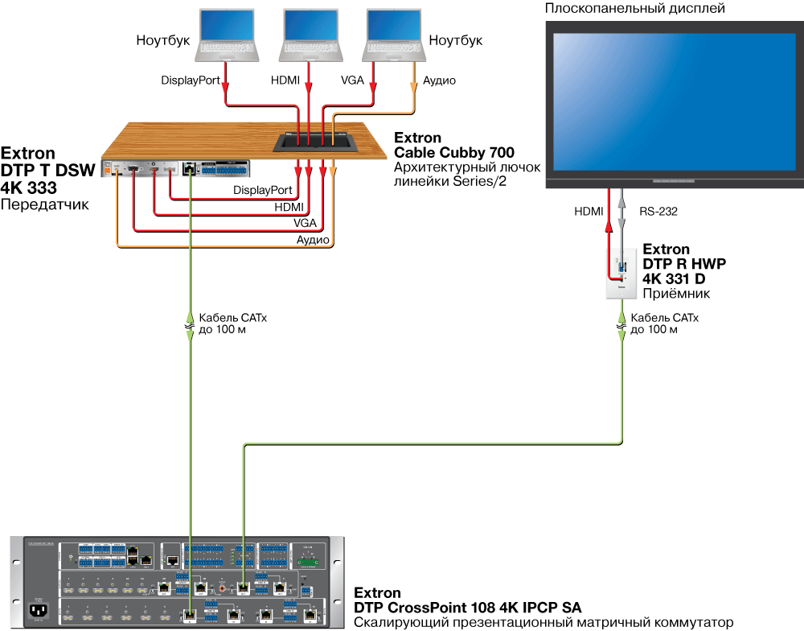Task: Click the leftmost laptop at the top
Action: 228,36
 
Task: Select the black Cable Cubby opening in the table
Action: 316,142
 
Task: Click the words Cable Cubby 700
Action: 453,152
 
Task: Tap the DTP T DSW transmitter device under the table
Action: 176,168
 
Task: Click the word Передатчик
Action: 44,205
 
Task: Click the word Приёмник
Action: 671,294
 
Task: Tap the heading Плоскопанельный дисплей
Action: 635,9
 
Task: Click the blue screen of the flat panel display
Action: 674,101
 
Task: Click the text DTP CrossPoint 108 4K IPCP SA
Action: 467,607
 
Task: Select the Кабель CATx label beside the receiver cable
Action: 665,318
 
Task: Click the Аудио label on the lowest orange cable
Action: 313,240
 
